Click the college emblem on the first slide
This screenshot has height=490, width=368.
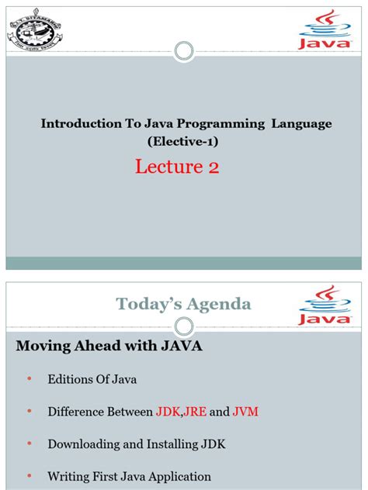pos(38,30)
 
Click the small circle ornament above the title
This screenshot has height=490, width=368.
pos(184,52)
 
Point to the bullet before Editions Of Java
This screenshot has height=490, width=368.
pos(30,379)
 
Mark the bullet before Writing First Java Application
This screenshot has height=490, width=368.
pos(30,476)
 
